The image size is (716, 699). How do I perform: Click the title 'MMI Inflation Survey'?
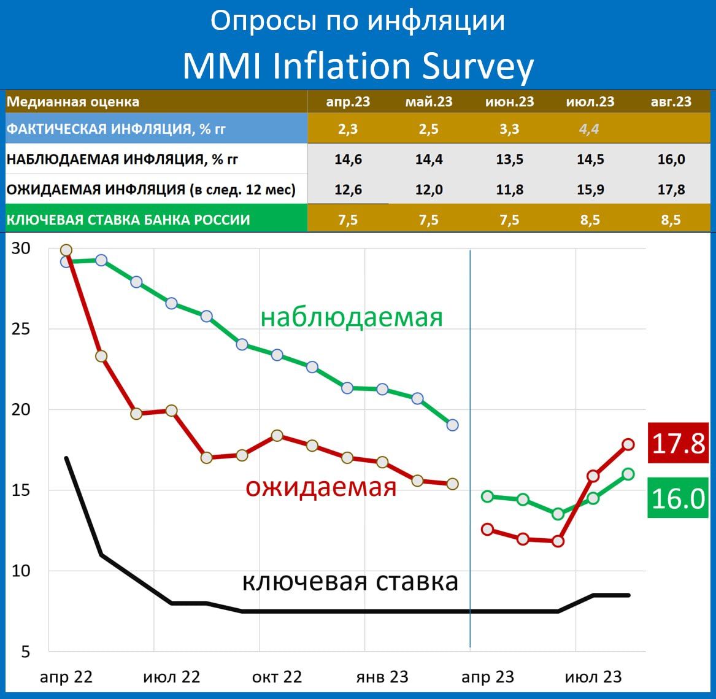tap(358, 66)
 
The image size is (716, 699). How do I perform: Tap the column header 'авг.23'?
tap(671, 102)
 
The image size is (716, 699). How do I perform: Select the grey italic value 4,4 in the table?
tap(589, 129)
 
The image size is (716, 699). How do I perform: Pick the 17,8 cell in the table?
tap(671, 190)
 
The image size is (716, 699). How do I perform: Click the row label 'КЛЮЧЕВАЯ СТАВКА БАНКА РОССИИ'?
tap(128, 220)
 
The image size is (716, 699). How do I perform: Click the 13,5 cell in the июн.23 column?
tap(509, 160)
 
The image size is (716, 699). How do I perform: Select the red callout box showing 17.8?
tap(678, 443)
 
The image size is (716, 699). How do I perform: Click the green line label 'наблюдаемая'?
tap(352, 317)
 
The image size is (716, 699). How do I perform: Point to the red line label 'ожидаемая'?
tap(321, 487)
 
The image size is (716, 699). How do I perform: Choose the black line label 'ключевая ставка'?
tap(350, 581)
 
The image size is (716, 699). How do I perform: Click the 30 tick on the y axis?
tap(21, 249)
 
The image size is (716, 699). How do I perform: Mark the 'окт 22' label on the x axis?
tap(277, 677)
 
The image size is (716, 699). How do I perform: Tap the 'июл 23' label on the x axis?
tap(593, 677)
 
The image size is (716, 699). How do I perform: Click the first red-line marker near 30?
tap(66, 250)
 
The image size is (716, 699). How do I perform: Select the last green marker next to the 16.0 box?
tap(628, 474)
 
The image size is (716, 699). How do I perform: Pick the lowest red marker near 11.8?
tap(558, 541)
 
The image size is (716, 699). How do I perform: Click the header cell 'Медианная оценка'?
tap(73, 102)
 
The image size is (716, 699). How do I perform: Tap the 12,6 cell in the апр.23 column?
tap(348, 190)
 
